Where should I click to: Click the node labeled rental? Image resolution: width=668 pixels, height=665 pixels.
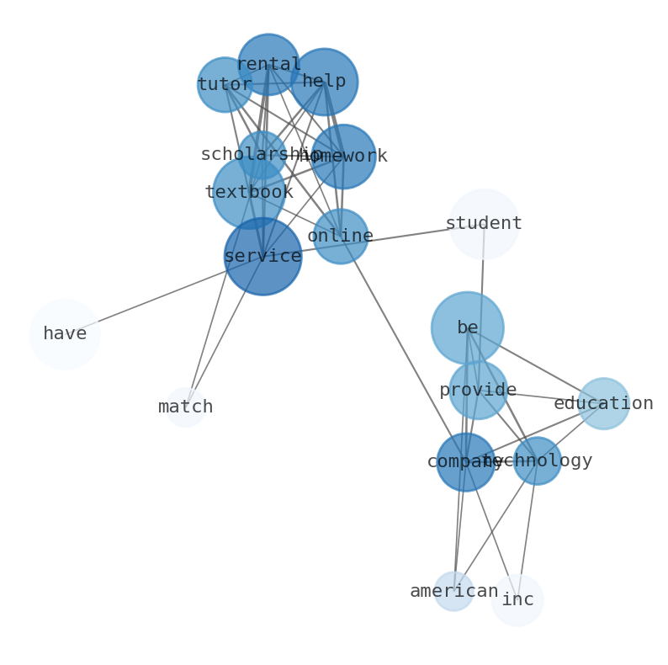point(268,65)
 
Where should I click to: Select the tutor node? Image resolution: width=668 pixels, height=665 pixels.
point(225,85)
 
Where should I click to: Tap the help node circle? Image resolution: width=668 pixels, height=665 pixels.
point(324,82)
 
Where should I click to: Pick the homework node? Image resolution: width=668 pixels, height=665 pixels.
point(343,157)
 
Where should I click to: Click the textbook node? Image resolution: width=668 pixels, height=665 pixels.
point(248,193)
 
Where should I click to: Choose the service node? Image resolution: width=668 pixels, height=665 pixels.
point(262,257)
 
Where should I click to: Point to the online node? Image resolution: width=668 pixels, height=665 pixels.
point(341,237)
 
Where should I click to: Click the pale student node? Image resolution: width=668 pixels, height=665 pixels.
point(484,224)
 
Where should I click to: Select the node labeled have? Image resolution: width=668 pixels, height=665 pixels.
point(65,334)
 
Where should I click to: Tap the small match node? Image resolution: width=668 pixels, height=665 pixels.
point(186,407)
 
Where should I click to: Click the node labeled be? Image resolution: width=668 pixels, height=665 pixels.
point(468,328)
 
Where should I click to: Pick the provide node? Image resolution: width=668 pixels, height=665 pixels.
point(478,391)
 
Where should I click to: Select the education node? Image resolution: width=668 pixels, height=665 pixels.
point(603,404)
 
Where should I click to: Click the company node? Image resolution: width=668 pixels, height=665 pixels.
point(465,462)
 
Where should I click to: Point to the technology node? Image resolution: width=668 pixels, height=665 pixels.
point(537,461)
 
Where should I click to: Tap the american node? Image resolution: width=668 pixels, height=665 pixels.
point(454,592)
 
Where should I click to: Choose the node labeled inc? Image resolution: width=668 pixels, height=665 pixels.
point(517,600)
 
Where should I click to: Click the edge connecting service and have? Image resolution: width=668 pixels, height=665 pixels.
point(160,297)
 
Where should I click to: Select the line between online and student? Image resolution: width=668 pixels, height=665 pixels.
point(412,230)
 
